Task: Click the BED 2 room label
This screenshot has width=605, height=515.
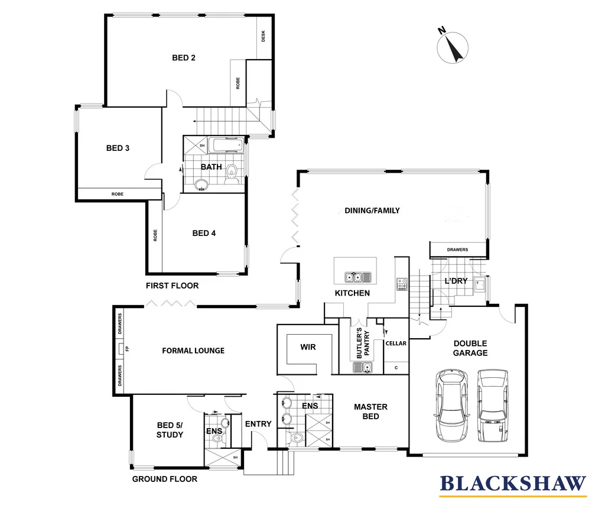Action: [184, 58]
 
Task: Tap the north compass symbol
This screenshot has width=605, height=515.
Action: [452, 46]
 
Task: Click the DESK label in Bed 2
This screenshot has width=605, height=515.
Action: [264, 37]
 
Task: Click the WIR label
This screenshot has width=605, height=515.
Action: [308, 347]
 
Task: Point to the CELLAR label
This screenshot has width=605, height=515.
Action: [395, 344]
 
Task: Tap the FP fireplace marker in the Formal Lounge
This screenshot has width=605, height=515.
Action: [126, 349]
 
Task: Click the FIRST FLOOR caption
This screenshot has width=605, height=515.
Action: [172, 286]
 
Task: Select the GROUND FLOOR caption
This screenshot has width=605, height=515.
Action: [164, 479]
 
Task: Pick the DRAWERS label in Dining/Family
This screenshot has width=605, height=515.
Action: [457, 250]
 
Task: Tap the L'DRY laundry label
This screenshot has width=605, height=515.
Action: [456, 281]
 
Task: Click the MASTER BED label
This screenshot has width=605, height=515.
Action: [370, 412]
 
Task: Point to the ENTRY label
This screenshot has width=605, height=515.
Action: [258, 424]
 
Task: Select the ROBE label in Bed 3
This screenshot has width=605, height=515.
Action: [118, 194]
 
